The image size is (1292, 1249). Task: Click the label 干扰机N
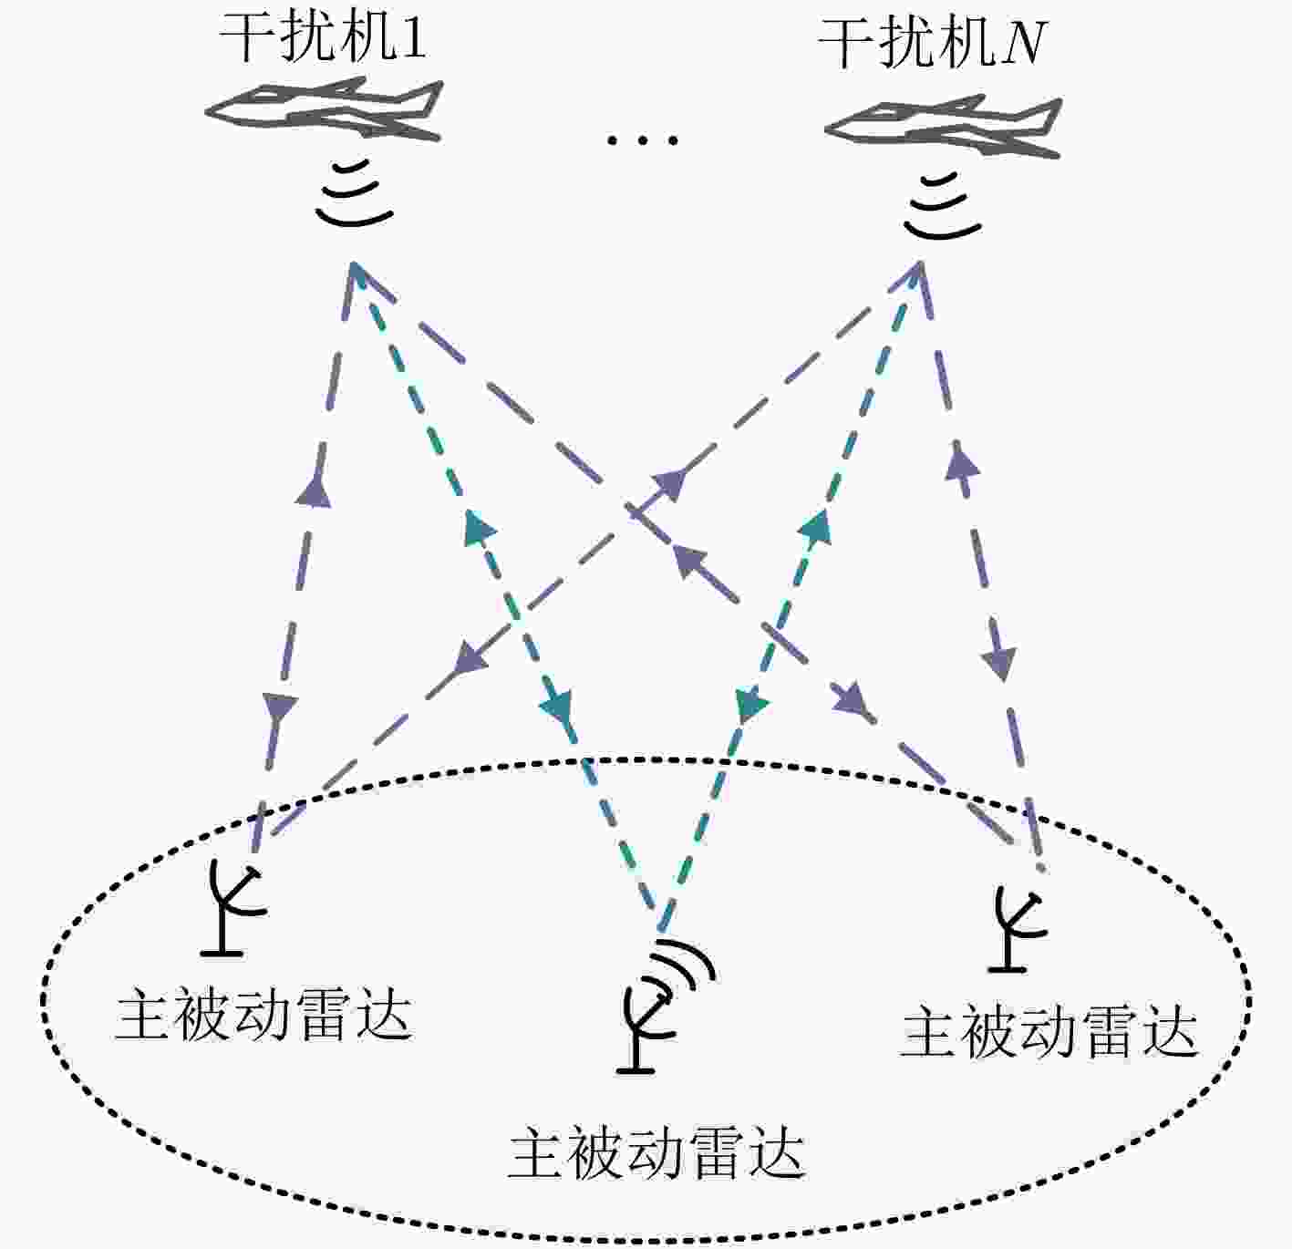[931, 42]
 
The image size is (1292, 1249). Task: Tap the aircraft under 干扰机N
[945, 126]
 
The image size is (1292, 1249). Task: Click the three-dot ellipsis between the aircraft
[643, 139]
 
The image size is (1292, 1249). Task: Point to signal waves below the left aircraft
[354, 193]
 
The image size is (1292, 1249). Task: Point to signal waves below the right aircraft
[943, 206]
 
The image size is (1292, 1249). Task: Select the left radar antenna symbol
[232, 908]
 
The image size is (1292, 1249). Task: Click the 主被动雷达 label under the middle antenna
[656, 1152]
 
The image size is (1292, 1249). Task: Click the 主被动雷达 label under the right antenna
[1049, 1032]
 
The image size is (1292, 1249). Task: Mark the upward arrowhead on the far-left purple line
[315, 489]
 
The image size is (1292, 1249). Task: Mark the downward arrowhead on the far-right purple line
[1003, 664]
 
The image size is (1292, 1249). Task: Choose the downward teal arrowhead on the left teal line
[556, 705]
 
